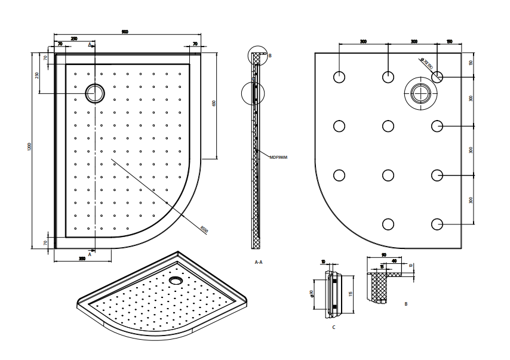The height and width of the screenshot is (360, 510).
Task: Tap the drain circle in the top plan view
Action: pos(94,93)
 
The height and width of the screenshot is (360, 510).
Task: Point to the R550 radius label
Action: pos(203,229)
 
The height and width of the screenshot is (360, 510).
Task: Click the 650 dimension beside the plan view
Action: pos(213,103)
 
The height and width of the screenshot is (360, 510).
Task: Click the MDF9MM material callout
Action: pos(278,158)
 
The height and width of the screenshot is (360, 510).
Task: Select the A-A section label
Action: pos(259,262)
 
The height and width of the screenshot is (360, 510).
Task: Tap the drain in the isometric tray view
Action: pos(176,279)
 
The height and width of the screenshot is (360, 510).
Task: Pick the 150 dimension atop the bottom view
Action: pos(449,42)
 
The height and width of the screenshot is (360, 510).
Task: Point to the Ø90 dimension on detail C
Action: pos(312,294)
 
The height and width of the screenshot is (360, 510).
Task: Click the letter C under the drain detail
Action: pos(333,328)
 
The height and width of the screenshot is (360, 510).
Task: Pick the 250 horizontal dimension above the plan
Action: pos(74,39)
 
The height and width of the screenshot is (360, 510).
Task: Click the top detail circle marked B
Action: pos(258,56)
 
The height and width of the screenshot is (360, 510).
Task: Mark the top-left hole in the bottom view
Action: pos(339,76)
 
